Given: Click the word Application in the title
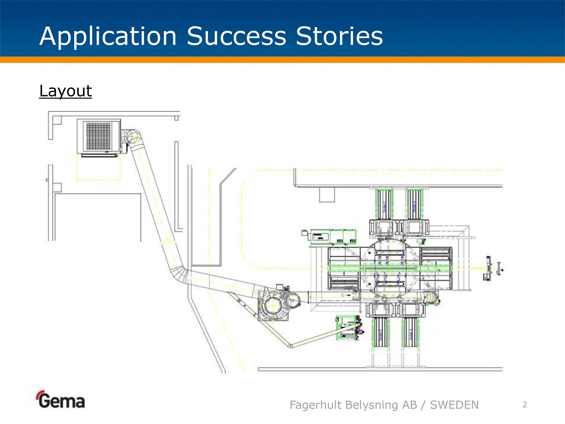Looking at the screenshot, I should pyautogui.click(x=108, y=36).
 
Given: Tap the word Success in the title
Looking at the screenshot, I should pyautogui.click(x=236, y=36).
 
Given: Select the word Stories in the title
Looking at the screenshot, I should pyautogui.click(x=339, y=36).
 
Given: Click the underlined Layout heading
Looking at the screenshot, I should pyautogui.click(x=65, y=91).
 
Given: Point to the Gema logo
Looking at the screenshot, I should pyautogui.click(x=61, y=400).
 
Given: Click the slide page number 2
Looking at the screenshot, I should pyautogui.click(x=525, y=405).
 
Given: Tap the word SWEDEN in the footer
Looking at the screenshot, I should pyautogui.click(x=454, y=405).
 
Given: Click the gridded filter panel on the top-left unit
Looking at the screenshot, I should pyautogui.click(x=98, y=136).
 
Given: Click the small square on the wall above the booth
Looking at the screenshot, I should pyautogui.click(x=327, y=194).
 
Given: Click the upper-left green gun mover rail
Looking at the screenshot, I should pyautogui.click(x=384, y=204).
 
